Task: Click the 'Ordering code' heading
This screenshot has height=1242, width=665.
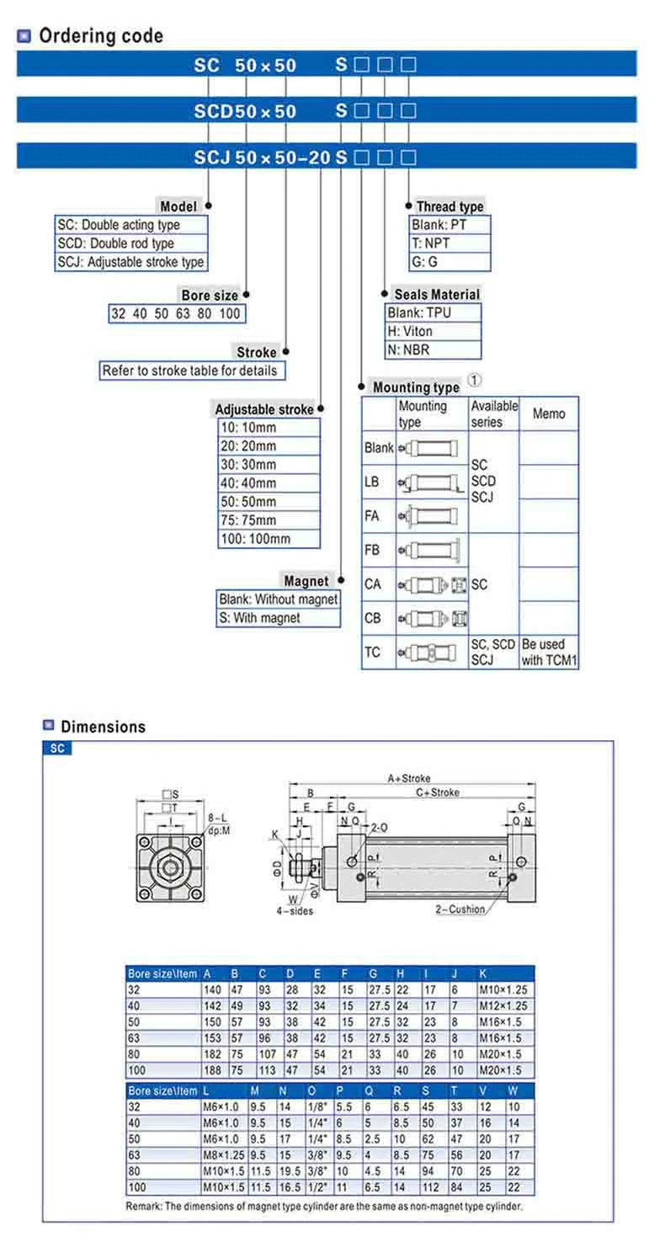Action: pos(101,36)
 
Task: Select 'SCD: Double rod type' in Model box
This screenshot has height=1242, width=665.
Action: pos(116,243)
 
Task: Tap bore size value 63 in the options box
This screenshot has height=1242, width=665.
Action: pos(183,314)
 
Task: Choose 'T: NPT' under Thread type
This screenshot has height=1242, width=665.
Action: pos(430,243)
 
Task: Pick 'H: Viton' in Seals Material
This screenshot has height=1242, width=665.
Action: pos(410,332)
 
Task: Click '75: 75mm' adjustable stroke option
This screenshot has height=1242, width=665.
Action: pos(248,520)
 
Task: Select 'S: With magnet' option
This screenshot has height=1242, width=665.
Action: pos(259,618)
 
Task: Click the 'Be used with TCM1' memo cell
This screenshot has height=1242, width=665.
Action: pos(549,652)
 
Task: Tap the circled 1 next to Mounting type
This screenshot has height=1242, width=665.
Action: pos(475,381)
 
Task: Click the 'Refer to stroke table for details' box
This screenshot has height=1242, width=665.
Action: pos(192,370)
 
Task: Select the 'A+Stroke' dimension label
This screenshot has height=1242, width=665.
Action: pos(409,779)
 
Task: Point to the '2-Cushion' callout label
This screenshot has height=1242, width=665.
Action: pos(460,909)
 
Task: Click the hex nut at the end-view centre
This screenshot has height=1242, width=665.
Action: pos(169,868)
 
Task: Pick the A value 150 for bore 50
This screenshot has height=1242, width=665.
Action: pos(212,1022)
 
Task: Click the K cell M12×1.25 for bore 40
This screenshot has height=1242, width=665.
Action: pos(503,1005)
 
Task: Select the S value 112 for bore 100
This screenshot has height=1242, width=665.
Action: pos(431,1187)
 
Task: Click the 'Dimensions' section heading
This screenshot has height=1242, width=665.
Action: pos(103,727)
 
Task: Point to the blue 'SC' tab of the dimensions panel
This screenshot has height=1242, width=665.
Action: pos(57,749)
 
